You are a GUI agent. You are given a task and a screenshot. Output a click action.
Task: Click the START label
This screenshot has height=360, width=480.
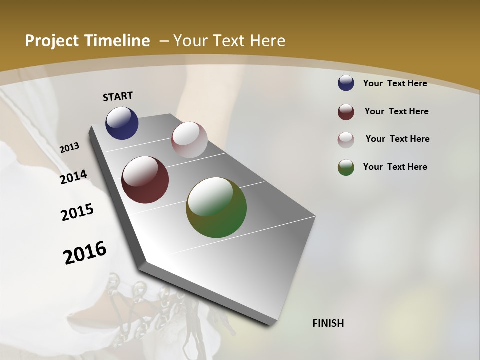pyautogui.click(x=118, y=96)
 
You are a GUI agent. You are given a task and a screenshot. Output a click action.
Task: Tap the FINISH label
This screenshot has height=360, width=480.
pyautogui.click(x=328, y=323)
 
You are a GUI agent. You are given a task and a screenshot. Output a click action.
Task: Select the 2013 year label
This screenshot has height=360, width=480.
pyautogui.click(x=69, y=148)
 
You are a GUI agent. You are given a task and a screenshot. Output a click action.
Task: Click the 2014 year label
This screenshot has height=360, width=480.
pyautogui.click(x=73, y=177)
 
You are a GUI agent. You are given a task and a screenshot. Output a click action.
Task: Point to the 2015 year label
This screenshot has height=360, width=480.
pyautogui.click(x=77, y=212)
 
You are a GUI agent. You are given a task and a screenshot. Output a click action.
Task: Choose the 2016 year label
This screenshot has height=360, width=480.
pyautogui.click(x=85, y=252)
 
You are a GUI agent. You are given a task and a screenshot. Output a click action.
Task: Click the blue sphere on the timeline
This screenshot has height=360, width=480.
pyautogui.click(x=122, y=123)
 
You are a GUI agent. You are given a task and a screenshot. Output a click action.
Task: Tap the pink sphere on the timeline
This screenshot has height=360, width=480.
pyautogui.click(x=189, y=140)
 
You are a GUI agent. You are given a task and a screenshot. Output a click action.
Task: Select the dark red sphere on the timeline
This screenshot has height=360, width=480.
pyautogui.click(x=145, y=180)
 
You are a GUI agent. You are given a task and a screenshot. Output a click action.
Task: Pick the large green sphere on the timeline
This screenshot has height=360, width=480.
pyautogui.click(x=216, y=207)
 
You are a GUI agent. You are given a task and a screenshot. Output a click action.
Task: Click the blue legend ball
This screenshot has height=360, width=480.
pyautogui.click(x=346, y=83)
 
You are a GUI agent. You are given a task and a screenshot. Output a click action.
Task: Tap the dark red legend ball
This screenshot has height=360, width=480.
pyautogui.click(x=346, y=112)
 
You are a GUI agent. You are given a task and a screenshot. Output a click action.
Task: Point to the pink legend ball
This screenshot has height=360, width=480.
pyautogui.click(x=346, y=140)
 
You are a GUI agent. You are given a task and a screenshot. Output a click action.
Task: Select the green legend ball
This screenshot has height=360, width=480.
pyautogui.click(x=346, y=167)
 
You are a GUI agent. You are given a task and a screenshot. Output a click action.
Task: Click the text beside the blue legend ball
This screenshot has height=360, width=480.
pyautogui.click(x=395, y=83)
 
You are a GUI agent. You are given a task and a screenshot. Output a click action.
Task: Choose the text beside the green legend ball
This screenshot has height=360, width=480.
pyautogui.click(x=395, y=167)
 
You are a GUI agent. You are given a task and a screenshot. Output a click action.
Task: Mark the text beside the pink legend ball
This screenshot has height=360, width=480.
pyautogui.click(x=397, y=139)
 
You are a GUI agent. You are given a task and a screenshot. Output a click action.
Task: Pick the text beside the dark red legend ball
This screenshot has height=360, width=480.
pyautogui.click(x=396, y=111)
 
